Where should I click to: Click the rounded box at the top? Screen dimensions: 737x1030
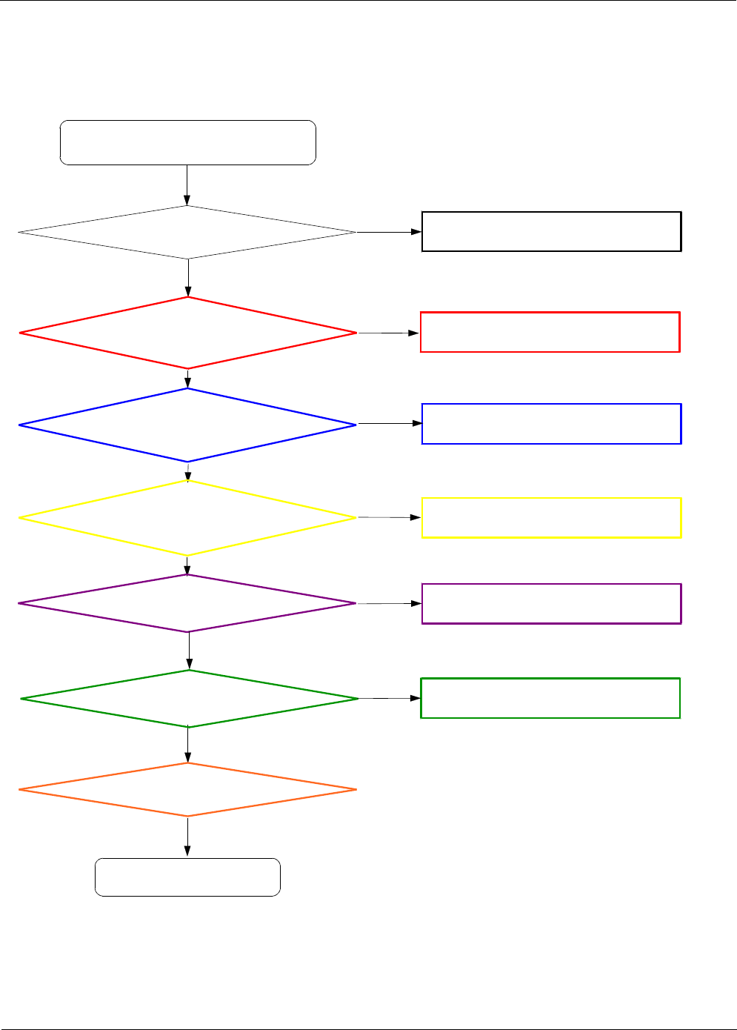click(x=187, y=142)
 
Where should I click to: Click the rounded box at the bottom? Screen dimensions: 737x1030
click(x=187, y=877)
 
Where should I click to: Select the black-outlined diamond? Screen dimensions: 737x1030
click(x=187, y=233)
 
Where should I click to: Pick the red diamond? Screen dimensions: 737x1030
click(x=188, y=333)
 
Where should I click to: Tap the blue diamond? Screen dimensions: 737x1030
click(x=187, y=425)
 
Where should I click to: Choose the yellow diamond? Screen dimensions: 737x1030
click(x=187, y=518)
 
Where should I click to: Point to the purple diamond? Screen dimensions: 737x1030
click(x=187, y=603)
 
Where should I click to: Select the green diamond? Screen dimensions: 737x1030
click(x=190, y=699)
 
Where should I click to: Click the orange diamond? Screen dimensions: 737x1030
click(x=187, y=790)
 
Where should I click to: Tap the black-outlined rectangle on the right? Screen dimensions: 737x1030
click(x=551, y=232)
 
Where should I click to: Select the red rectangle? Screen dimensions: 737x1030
click(x=550, y=332)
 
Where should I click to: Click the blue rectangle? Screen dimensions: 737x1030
click(x=551, y=424)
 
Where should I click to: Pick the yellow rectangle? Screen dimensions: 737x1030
click(x=551, y=517)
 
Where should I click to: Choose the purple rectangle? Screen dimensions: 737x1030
click(x=551, y=604)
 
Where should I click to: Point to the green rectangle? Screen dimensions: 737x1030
click(x=550, y=698)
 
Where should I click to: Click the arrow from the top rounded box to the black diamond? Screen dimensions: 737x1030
click(x=187, y=185)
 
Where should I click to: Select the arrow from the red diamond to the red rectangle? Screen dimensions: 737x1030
click(x=389, y=333)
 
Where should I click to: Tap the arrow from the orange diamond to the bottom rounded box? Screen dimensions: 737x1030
click(x=187, y=837)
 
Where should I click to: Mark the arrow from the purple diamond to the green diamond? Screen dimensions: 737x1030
click(x=189, y=651)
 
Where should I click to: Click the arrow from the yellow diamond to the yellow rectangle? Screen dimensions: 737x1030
click(x=390, y=517)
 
